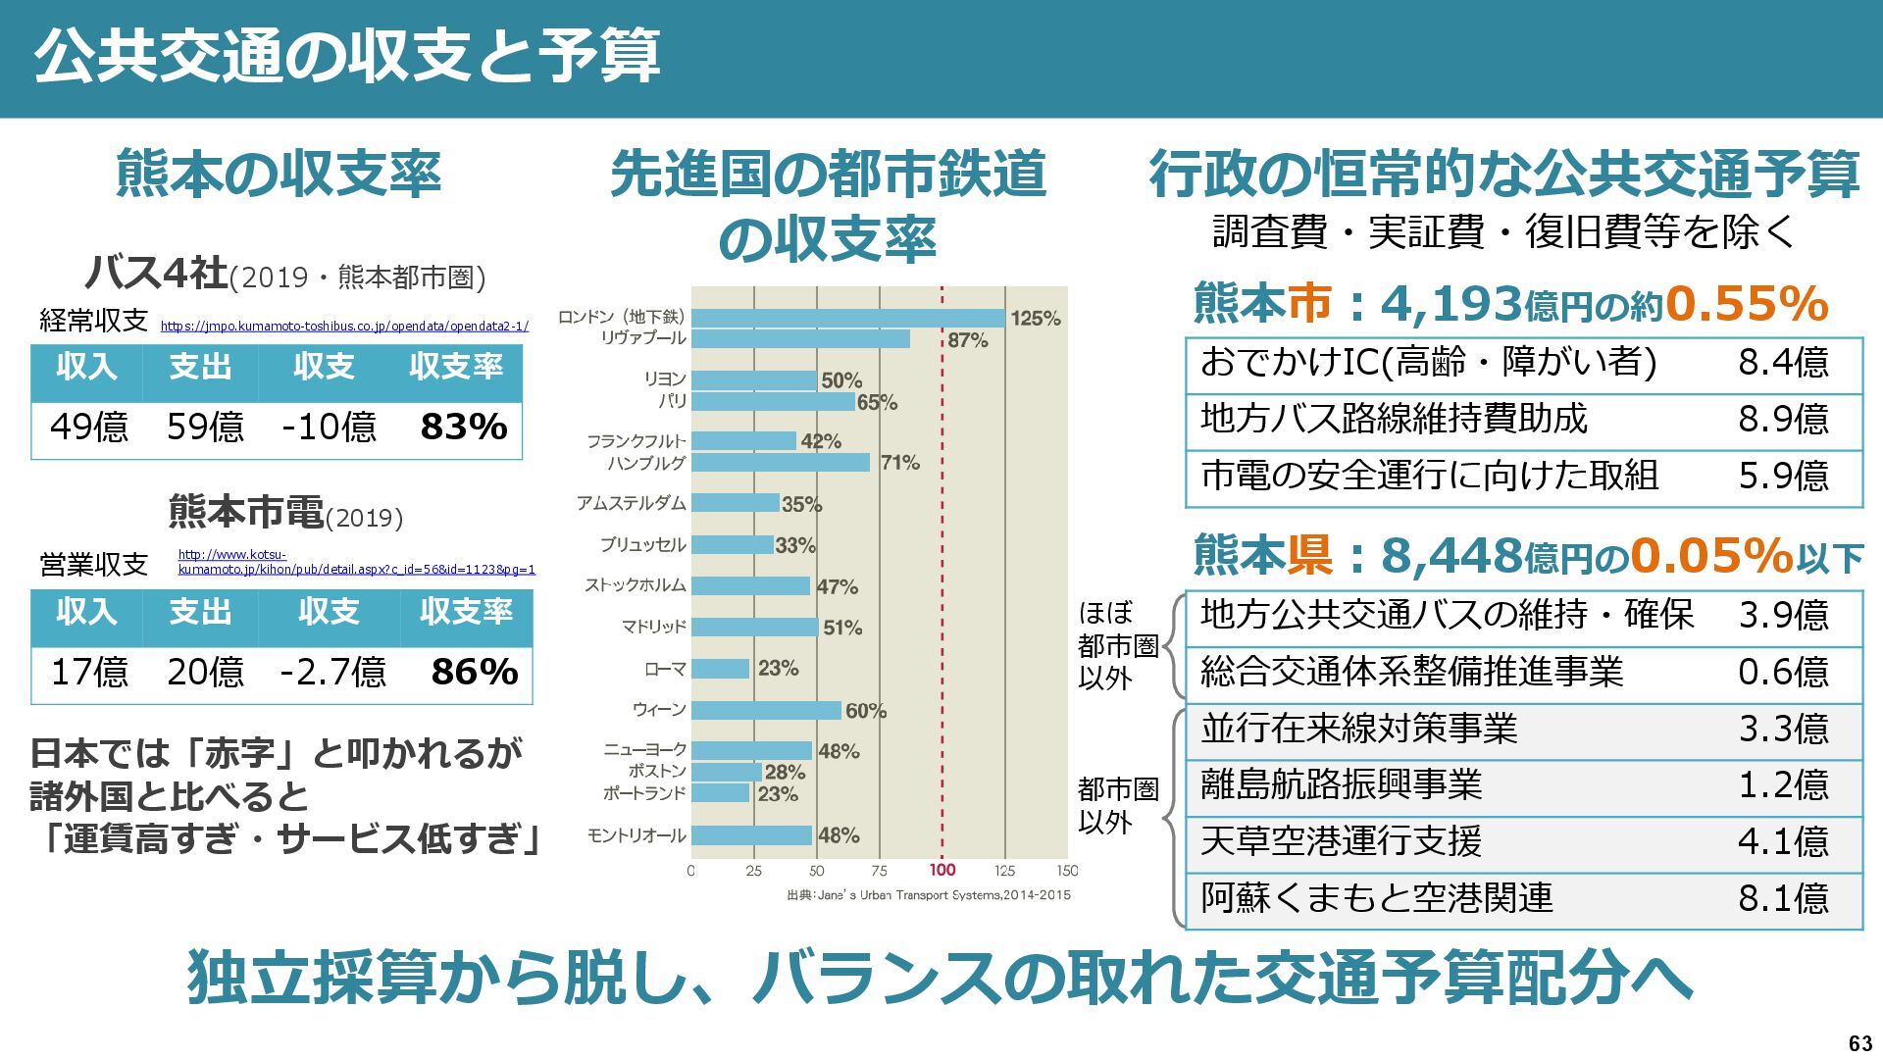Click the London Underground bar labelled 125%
click(x=848, y=318)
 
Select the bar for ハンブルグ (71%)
click(x=781, y=462)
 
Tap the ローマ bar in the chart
click(x=721, y=669)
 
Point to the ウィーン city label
click(x=659, y=710)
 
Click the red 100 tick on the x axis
click(x=942, y=870)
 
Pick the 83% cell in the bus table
click(x=463, y=428)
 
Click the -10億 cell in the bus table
click(x=329, y=428)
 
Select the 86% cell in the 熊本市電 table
click(x=474, y=673)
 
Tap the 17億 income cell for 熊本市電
click(x=89, y=673)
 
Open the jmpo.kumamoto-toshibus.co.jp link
click(x=344, y=327)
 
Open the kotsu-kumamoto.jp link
click(x=356, y=562)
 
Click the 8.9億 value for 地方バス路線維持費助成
click(x=1783, y=420)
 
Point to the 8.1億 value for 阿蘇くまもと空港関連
click(x=1783, y=898)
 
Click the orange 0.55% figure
click(x=1746, y=304)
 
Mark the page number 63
click(x=1859, y=1043)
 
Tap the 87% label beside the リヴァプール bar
click(x=967, y=340)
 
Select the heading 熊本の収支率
click(x=279, y=174)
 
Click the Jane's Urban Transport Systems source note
click(x=928, y=895)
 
